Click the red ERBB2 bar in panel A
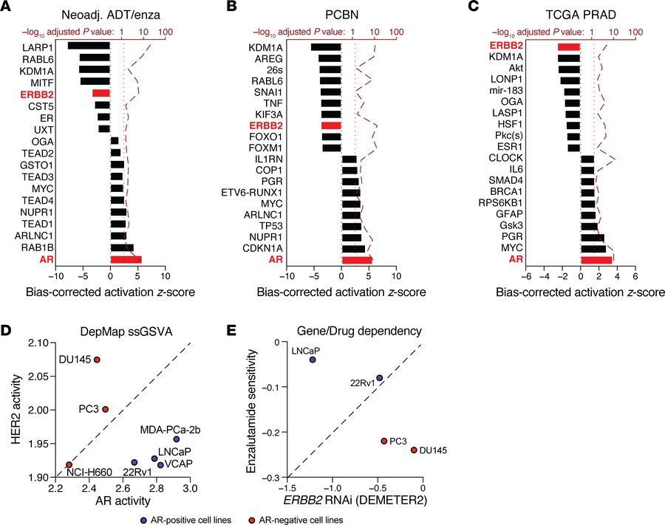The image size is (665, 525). click(x=101, y=93)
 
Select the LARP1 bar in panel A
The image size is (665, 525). click(x=89, y=46)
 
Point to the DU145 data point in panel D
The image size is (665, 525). click(x=97, y=360)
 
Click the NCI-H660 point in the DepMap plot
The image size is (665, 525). click(x=69, y=464)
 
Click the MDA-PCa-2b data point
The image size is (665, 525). click(x=176, y=439)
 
